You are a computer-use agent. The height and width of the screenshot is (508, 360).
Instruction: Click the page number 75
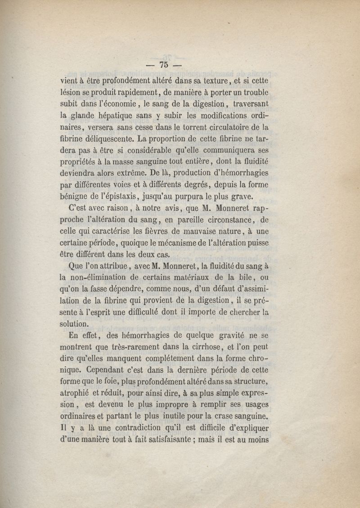coord(163,64)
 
